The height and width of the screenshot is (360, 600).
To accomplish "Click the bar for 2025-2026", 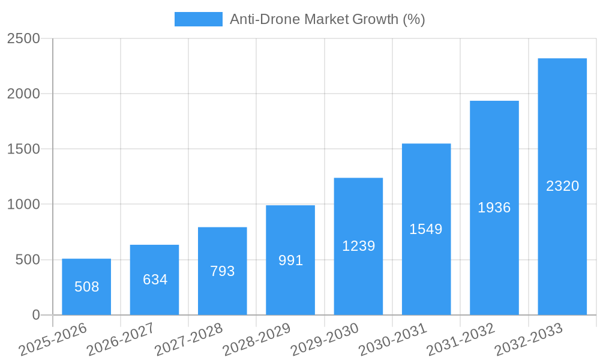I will [86, 287].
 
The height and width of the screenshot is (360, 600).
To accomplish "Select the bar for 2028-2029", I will [290, 260].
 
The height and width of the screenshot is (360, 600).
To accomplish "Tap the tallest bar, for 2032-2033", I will [562, 187].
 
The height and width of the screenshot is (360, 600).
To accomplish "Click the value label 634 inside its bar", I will [155, 280].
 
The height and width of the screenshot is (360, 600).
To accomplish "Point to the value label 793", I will [223, 271].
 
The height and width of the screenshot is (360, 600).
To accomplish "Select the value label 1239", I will [358, 246].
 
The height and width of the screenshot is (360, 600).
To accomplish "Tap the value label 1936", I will [494, 208].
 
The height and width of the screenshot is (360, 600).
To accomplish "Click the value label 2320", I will [562, 186].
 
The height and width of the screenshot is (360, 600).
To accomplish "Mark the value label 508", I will [86, 287].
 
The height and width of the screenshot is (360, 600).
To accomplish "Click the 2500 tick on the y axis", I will [23, 38].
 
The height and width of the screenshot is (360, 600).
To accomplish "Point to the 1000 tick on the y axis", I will [23, 205].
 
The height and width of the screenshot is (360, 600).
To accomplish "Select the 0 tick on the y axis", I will [35, 315].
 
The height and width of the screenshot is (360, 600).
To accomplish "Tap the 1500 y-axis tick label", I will [23, 149].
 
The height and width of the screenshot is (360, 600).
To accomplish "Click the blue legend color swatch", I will [198, 19].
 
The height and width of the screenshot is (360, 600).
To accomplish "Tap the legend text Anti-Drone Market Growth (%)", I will [328, 19].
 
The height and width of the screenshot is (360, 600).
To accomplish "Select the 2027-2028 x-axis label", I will [189, 340].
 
